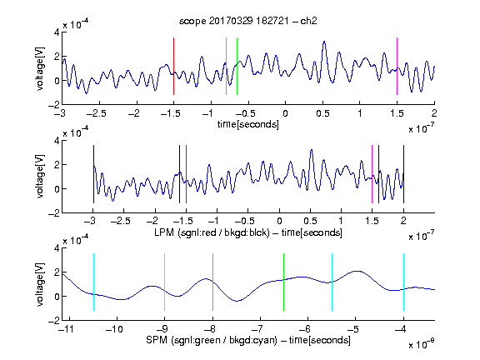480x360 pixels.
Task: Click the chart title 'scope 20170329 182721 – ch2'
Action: (x=248, y=21)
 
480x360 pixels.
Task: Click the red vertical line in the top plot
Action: (x=173, y=66)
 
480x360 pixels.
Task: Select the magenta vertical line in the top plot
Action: (x=397, y=66)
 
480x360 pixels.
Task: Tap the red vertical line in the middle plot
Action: (x=186, y=174)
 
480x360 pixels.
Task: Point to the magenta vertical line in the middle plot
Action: (x=372, y=174)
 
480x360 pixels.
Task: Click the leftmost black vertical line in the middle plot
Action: (x=93, y=174)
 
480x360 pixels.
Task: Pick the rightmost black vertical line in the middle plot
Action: (x=403, y=174)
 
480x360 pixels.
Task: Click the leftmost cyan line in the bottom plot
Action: (x=93, y=282)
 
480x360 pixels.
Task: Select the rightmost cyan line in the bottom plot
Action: (x=403, y=282)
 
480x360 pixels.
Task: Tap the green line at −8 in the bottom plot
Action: (x=212, y=282)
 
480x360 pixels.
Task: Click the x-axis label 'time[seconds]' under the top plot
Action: (x=248, y=124)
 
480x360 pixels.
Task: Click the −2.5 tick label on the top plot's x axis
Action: (x=96, y=113)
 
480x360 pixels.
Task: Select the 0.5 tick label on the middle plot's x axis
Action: (x=310, y=221)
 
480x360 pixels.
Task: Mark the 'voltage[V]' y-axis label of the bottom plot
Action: (x=40, y=284)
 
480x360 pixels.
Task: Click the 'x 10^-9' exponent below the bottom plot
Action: (x=422, y=344)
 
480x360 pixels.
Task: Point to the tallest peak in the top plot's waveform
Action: (x=324, y=42)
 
